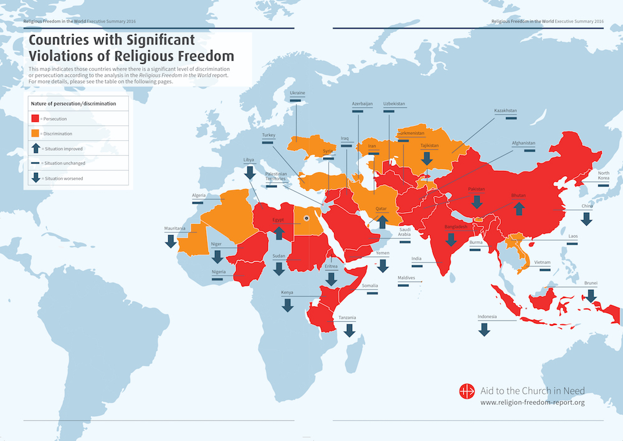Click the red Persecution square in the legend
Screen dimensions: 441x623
pos(36,118)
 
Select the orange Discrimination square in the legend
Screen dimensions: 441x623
pos(36,133)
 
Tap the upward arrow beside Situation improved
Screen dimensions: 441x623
pos(36,148)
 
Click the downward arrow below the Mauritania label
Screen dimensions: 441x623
pos(171,241)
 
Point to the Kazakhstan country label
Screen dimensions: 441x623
pos(505,110)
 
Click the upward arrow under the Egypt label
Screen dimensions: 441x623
pos(279,232)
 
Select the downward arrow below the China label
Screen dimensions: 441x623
pos(586,218)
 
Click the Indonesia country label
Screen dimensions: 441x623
pos(487,317)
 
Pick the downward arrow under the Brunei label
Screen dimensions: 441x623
pos(591,296)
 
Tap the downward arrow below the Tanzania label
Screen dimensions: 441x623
pos(350,330)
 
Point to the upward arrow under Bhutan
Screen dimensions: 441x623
pos(518,208)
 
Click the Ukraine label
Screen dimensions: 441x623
pos(297,93)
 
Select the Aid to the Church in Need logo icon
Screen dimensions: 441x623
pos(467,392)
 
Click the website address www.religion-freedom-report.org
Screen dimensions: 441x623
pos(533,403)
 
